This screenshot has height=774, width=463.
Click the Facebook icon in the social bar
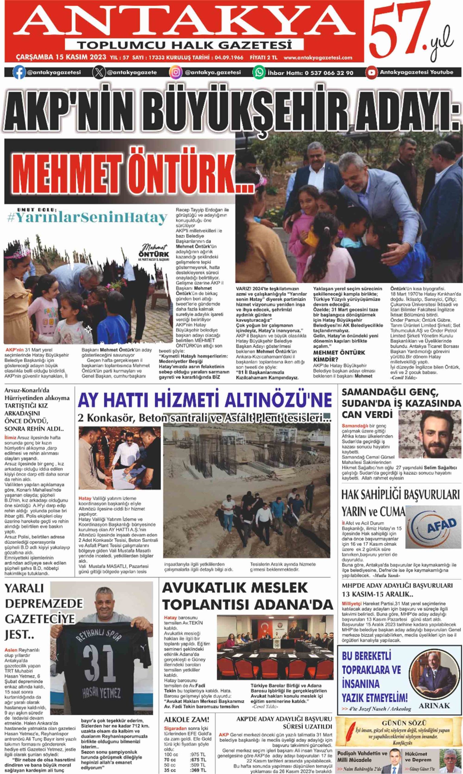click(19, 73)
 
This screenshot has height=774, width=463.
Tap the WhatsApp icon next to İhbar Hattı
click(259, 73)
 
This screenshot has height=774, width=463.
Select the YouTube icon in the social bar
click(372, 73)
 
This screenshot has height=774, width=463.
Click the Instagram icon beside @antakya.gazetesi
click(176, 73)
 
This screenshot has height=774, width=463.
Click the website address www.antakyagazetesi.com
click(318, 58)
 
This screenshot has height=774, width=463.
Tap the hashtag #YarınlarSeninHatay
click(87, 218)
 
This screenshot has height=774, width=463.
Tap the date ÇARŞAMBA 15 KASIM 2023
click(61, 58)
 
